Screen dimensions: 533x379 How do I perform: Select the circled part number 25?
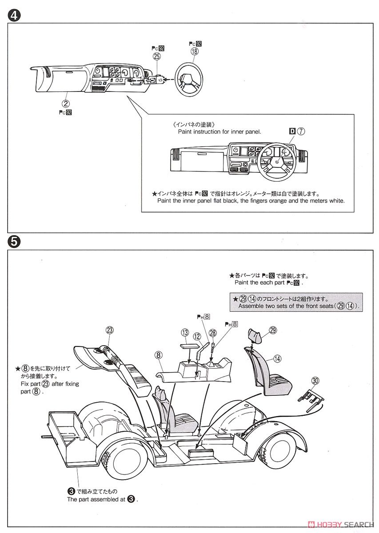click(x=156, y=56)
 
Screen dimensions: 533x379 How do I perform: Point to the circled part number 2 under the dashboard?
click(x=65, y=103)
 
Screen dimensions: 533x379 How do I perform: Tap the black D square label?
click(x=292, y=131)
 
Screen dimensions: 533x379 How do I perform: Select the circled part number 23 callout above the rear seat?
click(x=110, y=330)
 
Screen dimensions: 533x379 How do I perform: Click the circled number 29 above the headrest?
click(x=273, y=330)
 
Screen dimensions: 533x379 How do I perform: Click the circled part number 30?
click(x=315, y=381)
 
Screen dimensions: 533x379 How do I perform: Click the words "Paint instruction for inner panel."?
click(x=219, y=131)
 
